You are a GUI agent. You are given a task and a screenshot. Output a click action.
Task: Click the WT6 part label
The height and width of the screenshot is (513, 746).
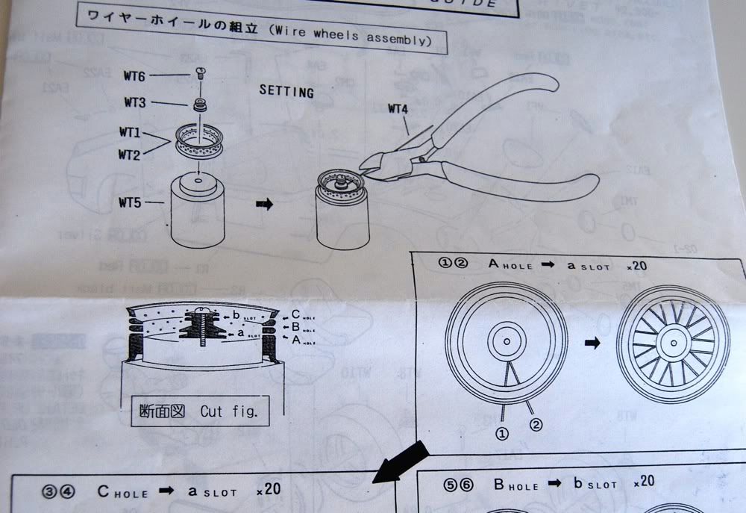(x=135, y=76)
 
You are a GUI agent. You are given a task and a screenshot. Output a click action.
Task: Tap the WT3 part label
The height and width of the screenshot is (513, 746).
(x=135, y=102)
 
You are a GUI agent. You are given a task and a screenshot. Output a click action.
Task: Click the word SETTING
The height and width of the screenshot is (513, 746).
(x=286, y=91)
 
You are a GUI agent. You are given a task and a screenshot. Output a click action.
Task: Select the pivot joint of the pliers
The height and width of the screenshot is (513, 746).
(x=423, y=158)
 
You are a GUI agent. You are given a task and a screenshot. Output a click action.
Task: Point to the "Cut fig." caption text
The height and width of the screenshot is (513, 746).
(x=233, y=411)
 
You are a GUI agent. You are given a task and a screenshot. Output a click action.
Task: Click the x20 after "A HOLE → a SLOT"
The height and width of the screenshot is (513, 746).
(x=641, y=265)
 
